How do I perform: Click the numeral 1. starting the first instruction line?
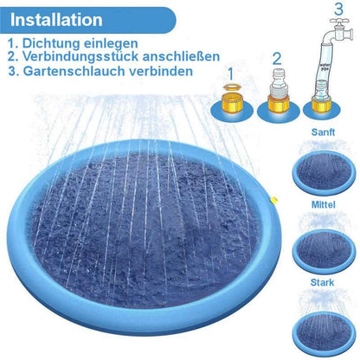[x=11, y=42]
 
